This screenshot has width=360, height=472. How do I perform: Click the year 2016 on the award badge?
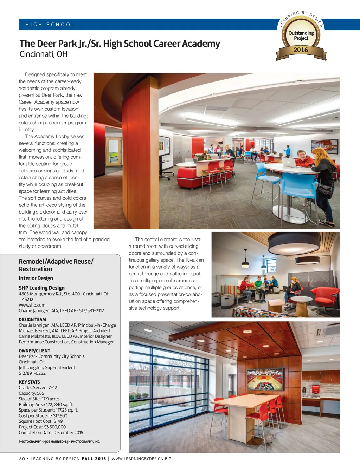301,50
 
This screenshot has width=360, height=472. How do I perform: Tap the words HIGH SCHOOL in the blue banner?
50,25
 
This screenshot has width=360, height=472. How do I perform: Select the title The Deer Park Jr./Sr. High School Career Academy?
120,44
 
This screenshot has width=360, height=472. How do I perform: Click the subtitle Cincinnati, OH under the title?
43,54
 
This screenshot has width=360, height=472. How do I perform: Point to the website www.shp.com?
32,305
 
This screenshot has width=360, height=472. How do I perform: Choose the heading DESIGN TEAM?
32,320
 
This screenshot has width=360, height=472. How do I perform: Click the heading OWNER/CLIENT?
34,351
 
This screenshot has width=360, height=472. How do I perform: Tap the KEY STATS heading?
29,382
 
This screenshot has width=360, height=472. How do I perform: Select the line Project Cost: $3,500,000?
42,427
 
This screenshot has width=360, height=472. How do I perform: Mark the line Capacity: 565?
31,393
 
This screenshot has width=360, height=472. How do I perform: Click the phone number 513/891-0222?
32,373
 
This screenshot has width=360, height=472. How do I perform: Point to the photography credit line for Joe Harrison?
59,442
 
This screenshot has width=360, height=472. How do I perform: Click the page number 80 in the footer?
22,459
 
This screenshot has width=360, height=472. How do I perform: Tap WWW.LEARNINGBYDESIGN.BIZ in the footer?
141,459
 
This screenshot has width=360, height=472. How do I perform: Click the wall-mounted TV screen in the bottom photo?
265,380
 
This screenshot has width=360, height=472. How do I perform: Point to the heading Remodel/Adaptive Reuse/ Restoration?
56,265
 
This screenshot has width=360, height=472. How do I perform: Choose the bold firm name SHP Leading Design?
41,288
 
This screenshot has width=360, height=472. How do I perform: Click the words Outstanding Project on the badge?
301,35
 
